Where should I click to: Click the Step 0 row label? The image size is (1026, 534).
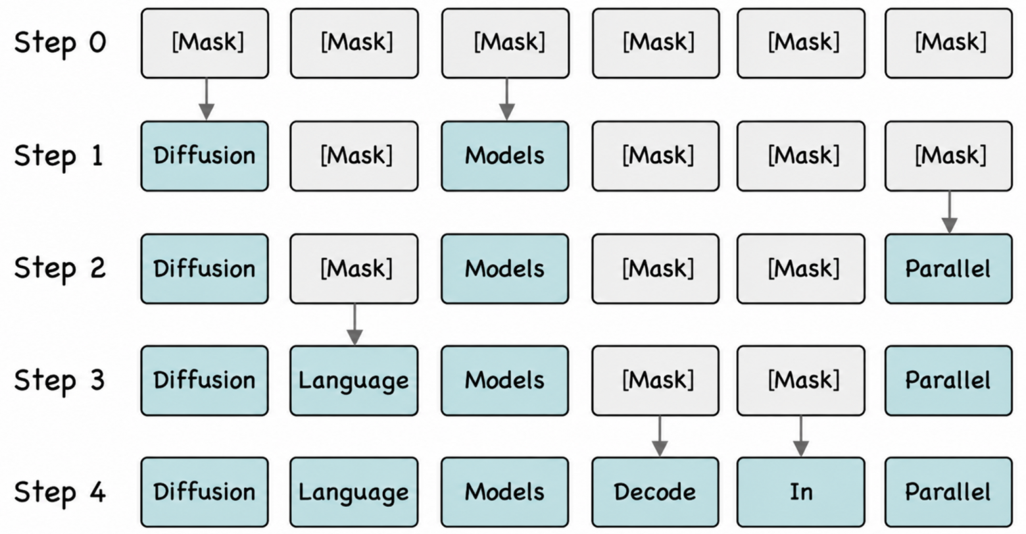tap(60, 43)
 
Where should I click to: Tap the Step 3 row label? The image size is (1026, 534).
tap(60, 381)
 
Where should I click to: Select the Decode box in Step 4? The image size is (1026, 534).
tap(655, 492)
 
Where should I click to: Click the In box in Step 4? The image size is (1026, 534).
tap(801, 492)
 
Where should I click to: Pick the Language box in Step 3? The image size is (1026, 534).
tap(354, 381)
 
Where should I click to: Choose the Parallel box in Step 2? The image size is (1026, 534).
tap(948, 269)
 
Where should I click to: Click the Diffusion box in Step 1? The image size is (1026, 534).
tap(205, 156)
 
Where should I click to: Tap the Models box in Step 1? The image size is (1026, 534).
tap(505, 156)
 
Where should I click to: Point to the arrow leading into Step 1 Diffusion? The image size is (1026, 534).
tap(207, 99)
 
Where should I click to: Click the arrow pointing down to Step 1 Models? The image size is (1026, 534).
tap(506, 99)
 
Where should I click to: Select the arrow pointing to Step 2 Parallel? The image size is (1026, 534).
tap(950, 212)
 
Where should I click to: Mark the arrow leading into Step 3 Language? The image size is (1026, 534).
tap(355, 325)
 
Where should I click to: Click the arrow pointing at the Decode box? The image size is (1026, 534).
tap(660, 437)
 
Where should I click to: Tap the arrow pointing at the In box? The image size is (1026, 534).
tap(800, 437)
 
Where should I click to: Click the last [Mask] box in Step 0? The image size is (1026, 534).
tap(948, 43)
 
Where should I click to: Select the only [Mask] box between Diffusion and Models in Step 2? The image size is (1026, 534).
tap(354, 269)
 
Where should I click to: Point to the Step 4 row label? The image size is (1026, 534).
tap(60, 493)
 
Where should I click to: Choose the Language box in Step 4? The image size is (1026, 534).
tap(354, 492)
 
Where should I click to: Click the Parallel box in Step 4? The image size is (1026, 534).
tap(948, 492)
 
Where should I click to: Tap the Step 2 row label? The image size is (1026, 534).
tap(60, 269)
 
